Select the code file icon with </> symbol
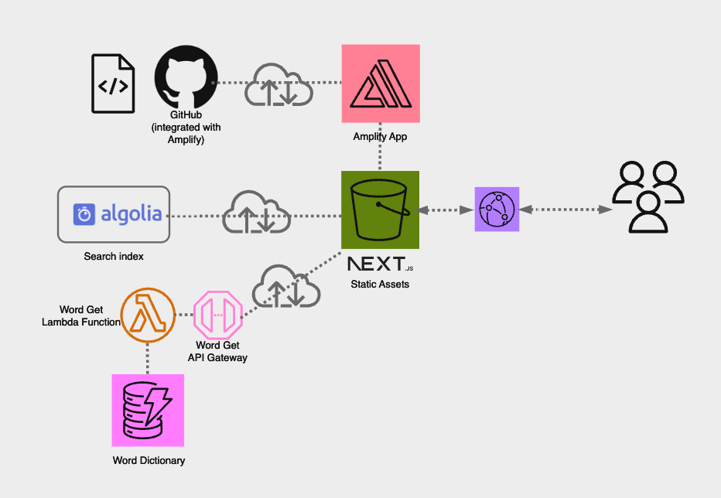[113, 84]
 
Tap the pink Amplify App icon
[381, 84]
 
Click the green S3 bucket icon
[380, 209]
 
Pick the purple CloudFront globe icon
[497, 209]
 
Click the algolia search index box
[114, 214]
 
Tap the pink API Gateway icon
[218, 315]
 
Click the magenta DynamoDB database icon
[148, 411]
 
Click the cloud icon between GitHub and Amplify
[278, 84]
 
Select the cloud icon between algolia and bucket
[257, 212]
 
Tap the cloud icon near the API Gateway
[286, 288]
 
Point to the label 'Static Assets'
[380, 285]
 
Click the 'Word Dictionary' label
[149, 461]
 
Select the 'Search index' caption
[114, 256]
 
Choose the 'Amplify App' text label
[380, 137]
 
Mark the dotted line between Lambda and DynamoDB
[148, 358]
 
